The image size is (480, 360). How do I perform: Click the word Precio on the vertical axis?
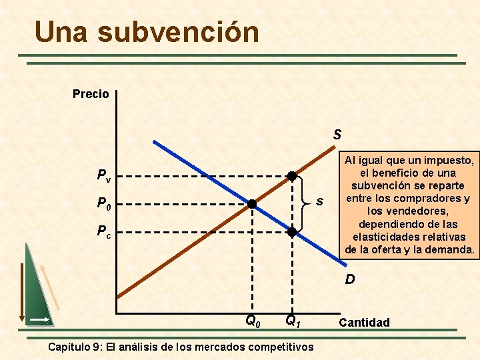[91, 94]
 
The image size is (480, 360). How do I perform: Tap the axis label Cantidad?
[364, 323]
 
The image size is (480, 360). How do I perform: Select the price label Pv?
[104, 177]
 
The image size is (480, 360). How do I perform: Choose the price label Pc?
[104, 232]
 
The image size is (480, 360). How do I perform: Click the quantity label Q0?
[253, 321]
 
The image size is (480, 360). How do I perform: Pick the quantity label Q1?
[293, 321]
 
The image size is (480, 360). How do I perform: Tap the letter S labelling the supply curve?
[337, 135]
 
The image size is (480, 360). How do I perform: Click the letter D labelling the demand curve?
[350, 280]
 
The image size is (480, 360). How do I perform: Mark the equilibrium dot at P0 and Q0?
[253, 204]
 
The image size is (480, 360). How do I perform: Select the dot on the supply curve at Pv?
[292, 176]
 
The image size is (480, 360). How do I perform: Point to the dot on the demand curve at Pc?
[292, 232]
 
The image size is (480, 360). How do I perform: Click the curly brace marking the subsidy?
[306, 203]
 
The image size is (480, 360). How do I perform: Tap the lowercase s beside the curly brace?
[320, 201]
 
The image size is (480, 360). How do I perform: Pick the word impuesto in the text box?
[449, 161]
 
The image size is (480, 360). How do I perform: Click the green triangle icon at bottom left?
[37, 287]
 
